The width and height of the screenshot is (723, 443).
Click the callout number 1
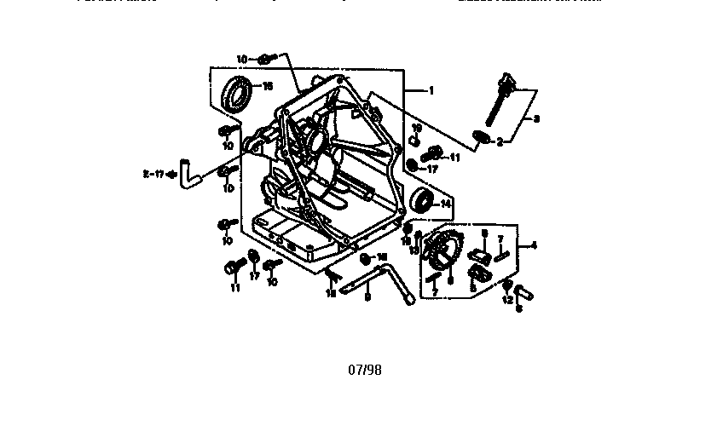[431, 90]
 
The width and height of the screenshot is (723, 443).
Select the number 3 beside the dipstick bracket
[536, 118]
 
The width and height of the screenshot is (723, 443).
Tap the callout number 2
[500, 142]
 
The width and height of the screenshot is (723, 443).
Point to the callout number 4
[533, 246]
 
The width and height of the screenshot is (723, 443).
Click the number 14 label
[445, 204]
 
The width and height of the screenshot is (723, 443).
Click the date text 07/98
[365, 370]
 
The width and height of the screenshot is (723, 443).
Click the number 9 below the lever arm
[367, 297]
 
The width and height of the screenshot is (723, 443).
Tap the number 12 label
[506, 299]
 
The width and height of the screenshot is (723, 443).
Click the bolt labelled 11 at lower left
[231, 269]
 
